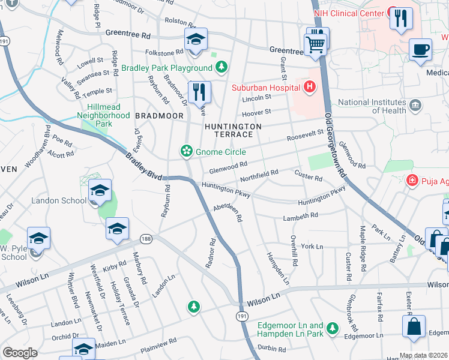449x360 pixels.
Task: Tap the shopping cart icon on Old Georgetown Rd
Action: coord(316,44)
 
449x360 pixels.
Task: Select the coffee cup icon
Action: coord(420,49)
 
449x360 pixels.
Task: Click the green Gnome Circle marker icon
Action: coord(187,151)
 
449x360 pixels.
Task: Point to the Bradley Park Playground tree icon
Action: coord(221,67)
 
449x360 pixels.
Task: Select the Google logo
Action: coord(20,353)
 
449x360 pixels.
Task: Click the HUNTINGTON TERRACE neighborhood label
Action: coord(233,131)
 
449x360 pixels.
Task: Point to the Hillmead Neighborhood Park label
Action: coord(104,115)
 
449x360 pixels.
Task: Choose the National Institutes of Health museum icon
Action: coord(415,106)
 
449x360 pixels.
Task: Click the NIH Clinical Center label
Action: coord(348,13)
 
